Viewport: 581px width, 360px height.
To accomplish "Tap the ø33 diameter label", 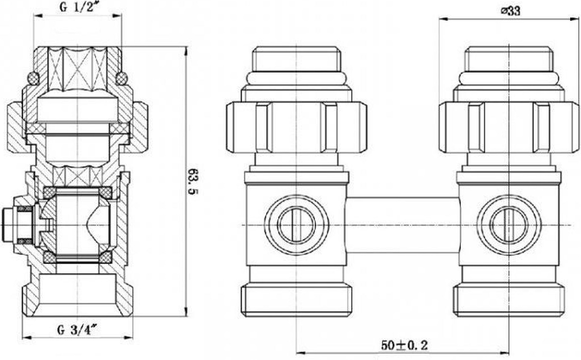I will tap(510, 11).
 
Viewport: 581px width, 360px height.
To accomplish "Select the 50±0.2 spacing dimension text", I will tap(404, 345).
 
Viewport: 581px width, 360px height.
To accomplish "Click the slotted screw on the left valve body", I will tap(296, 225).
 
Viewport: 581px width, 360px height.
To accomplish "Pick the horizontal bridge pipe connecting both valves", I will tap(403, 224).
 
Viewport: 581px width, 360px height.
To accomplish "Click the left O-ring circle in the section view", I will tap(33, 79).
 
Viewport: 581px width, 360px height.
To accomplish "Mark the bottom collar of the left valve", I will tap(296, 300).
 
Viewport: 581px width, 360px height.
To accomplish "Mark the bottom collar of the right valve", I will tap(509, 300).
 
